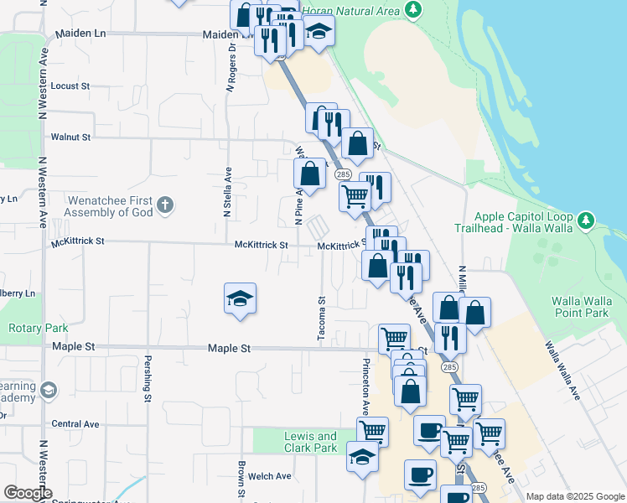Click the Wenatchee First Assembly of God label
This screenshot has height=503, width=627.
(108, 207)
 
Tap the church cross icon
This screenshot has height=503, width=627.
(165, 204)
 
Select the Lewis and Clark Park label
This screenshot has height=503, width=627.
(310, 442)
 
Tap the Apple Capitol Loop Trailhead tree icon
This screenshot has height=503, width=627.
(586, 222)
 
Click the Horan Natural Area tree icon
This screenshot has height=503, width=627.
(412, 10)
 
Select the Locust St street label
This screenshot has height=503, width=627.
(70, 86)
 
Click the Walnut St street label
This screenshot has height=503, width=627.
(70, 136)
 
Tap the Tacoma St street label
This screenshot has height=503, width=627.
(321, 318)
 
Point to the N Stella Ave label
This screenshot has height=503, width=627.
(226, 193)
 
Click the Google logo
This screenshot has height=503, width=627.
(28, 493)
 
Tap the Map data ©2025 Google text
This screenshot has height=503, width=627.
(574, 496)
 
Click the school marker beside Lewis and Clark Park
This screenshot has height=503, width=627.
(362, 458)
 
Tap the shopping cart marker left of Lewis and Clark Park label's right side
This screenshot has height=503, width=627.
(371, 433)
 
